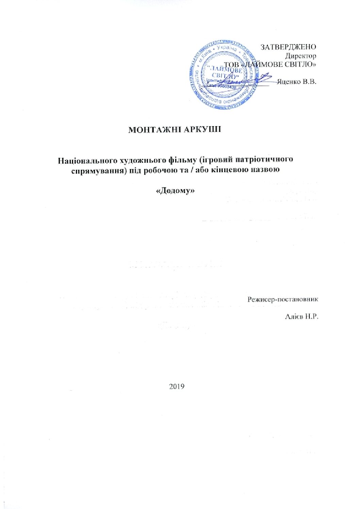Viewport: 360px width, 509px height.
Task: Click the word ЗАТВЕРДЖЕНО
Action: click(288, 47)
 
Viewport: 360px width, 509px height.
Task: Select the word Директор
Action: click(301, 56)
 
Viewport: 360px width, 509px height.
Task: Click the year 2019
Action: click(176, 386)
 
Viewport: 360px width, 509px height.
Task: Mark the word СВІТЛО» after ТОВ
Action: click(301, 64)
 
